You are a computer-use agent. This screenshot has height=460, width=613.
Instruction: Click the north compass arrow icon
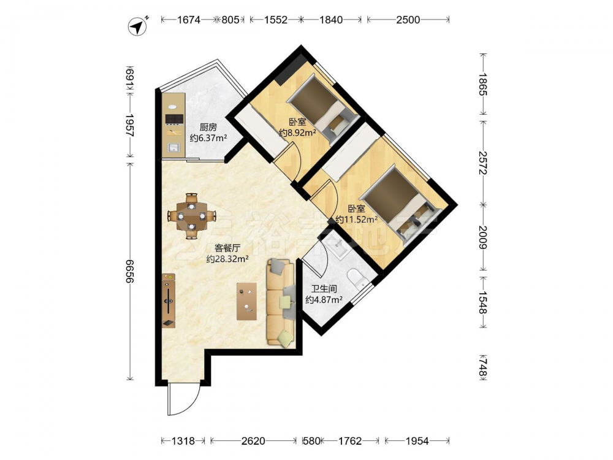138,27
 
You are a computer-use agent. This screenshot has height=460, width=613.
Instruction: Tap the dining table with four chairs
191,215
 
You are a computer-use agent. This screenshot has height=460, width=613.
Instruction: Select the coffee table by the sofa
246,301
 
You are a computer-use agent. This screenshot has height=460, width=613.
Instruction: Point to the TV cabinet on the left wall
169,301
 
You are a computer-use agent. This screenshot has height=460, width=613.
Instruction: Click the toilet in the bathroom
357,277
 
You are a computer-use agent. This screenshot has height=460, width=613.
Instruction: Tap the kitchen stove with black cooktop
175,118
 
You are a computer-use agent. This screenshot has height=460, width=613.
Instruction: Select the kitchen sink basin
173,147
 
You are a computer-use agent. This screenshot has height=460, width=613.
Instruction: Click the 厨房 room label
208,127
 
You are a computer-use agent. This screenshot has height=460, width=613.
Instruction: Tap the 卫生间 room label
324,289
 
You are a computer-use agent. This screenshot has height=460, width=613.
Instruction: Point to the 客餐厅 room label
227,248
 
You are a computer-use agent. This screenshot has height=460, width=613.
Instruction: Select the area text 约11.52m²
357,220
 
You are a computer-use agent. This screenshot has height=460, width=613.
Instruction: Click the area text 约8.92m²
297,132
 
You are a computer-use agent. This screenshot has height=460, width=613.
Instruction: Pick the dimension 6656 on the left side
130,271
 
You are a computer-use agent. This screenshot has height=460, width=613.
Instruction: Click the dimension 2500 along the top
408,20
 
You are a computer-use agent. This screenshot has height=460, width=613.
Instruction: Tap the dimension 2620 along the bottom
253,441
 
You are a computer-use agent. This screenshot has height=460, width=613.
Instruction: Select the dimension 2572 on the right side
483,163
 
